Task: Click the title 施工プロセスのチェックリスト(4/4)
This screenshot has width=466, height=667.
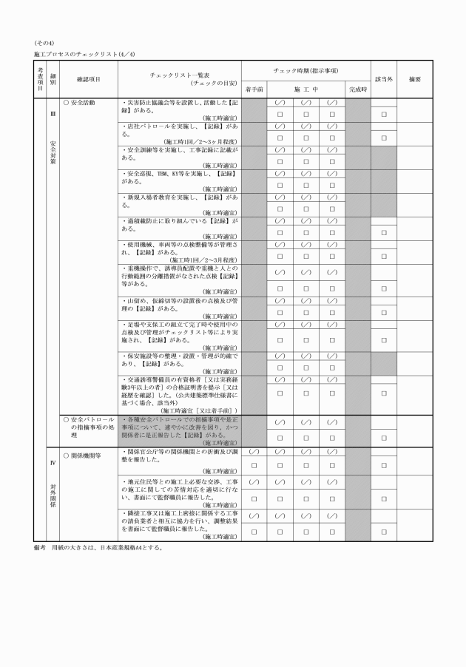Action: [84, 54]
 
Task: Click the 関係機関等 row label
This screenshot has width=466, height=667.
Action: [82, 456]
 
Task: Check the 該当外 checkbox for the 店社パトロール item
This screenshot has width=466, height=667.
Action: [383, 138]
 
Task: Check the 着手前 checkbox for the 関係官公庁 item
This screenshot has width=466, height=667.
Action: [254, 465]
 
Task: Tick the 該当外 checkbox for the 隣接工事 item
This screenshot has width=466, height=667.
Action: [383, 531]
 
